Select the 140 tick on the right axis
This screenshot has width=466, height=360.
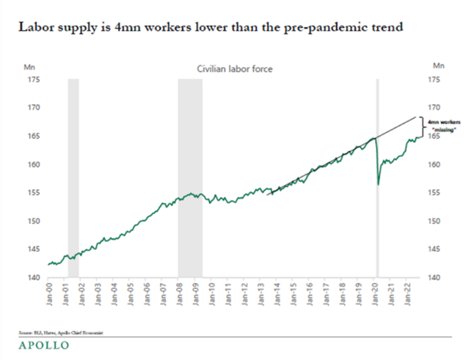pyautogui.click(x=435, y=278)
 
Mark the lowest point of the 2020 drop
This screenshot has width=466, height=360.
pyautogui.click(x=379, y=184)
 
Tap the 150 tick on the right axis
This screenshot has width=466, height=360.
pyautogui.click(x=435, y=221)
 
